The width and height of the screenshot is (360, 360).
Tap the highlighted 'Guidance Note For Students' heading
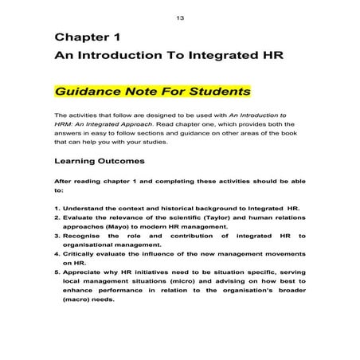tap(152, 91)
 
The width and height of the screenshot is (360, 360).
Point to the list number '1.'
tap(58, 207)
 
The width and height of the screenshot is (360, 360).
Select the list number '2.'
tap(58, 217)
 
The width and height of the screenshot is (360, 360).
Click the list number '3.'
tap(58, 236)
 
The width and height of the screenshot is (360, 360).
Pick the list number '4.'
tap(58, 254)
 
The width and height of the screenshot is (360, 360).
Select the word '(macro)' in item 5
tap(80, 300)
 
